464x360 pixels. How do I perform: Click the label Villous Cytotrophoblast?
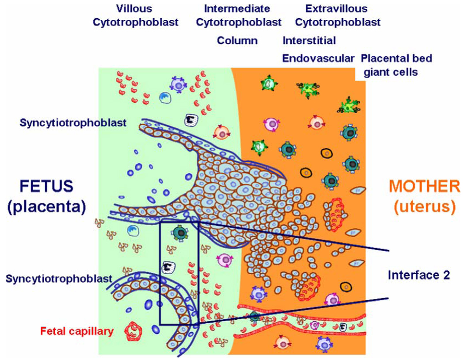(135, 15)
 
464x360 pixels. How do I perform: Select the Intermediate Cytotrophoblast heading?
(239, 15)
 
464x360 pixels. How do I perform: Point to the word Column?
(237, 41)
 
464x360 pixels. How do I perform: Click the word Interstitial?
(309, 41)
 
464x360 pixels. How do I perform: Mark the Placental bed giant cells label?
(396, 65)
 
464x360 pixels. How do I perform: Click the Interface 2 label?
(418, 275)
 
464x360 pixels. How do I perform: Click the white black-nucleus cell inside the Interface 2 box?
(168, 267)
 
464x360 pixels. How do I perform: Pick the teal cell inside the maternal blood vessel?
(254, 317)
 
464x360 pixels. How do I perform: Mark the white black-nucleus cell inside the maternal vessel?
(343, 326)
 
